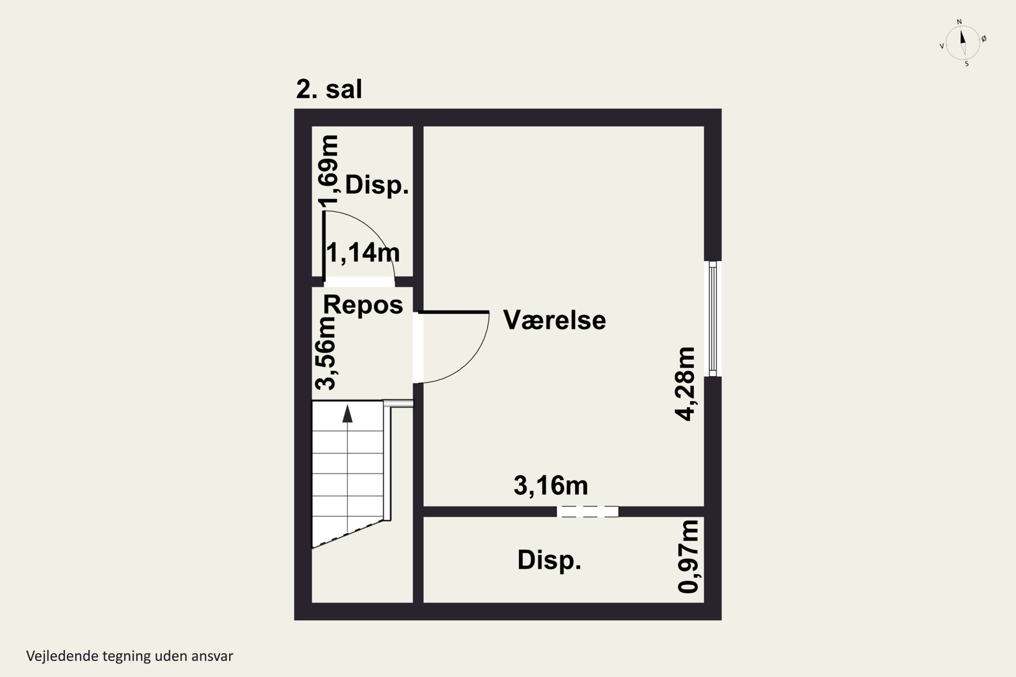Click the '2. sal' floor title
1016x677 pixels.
[329, 89]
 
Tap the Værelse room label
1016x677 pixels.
[554, 320]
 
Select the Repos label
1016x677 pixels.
[363, 305]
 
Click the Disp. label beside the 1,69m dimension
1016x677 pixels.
[377, 185]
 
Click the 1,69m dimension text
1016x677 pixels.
[328, 171]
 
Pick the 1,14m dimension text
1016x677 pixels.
[362, 253]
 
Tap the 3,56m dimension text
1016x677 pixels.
[325, 353]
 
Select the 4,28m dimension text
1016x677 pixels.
[685, 384]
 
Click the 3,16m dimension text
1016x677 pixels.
[551, 485]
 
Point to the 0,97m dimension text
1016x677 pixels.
[688, 557]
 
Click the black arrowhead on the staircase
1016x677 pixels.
[347, 414]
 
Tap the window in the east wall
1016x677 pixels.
[713, 319]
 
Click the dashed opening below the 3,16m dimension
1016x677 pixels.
[587, 511]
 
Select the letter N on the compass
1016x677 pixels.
[959, 22]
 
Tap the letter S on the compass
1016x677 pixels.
[967, 64]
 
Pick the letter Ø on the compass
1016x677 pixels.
[984, 39]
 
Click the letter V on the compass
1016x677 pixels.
[942, 46]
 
